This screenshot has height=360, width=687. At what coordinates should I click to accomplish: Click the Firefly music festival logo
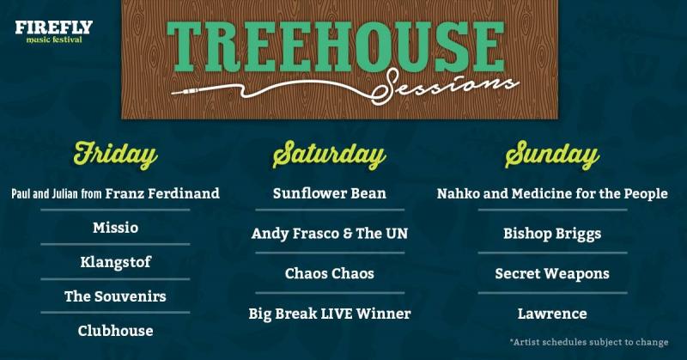(54, 32)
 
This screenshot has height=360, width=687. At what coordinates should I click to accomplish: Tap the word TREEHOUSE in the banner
(336, 46)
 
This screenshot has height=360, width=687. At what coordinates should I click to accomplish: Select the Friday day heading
(115, 156)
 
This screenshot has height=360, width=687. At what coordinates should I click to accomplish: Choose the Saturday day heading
(329, 156)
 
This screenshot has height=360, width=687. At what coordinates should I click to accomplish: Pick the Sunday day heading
(552, 156)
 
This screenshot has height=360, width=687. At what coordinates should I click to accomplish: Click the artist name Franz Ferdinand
(162, 193)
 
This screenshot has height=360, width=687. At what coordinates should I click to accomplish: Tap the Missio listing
(115, 228)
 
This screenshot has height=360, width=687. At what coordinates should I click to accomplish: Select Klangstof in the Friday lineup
(115, 262)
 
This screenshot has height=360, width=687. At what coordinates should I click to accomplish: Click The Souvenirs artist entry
(115, 296)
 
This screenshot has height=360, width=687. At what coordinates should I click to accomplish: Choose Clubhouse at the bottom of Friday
(115, 331)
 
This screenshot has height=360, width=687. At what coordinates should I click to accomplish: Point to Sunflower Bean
(330, 193)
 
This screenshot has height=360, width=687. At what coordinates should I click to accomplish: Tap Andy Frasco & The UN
(330, 234)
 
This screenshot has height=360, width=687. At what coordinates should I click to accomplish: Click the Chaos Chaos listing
(330, 273)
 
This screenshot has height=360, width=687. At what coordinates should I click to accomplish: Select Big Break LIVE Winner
(330, 314)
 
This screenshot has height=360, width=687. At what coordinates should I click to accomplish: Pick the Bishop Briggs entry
(552, 234)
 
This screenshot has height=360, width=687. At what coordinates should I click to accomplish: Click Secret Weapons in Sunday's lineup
(552, 273)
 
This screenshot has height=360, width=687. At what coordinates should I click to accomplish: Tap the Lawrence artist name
(552, 314)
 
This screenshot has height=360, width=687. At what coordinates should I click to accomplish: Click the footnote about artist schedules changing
(589, 342)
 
